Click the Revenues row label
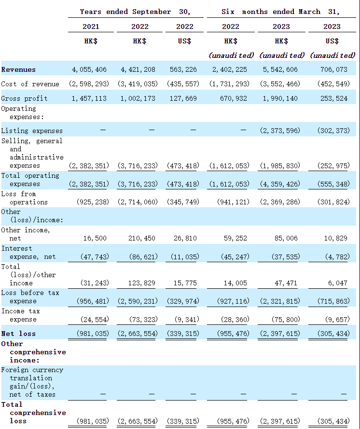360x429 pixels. coord(18,69)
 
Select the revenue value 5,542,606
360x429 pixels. coord(279,69)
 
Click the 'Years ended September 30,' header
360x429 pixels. coord(135,12)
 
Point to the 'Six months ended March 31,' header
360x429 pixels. coord(280,12)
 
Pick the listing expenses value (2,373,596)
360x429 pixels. coord(279,131)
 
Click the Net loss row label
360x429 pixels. coord(18,334)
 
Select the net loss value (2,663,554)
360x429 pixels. coord(138,334)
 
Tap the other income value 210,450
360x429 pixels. coord(141,238)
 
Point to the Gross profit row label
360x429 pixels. coord(24,98)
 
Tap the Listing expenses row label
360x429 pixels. coord(32,131)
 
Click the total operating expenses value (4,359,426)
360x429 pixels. coord(279,184)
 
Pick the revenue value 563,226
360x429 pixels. coord(184,69)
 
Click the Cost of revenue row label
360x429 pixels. coord(30,84)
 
